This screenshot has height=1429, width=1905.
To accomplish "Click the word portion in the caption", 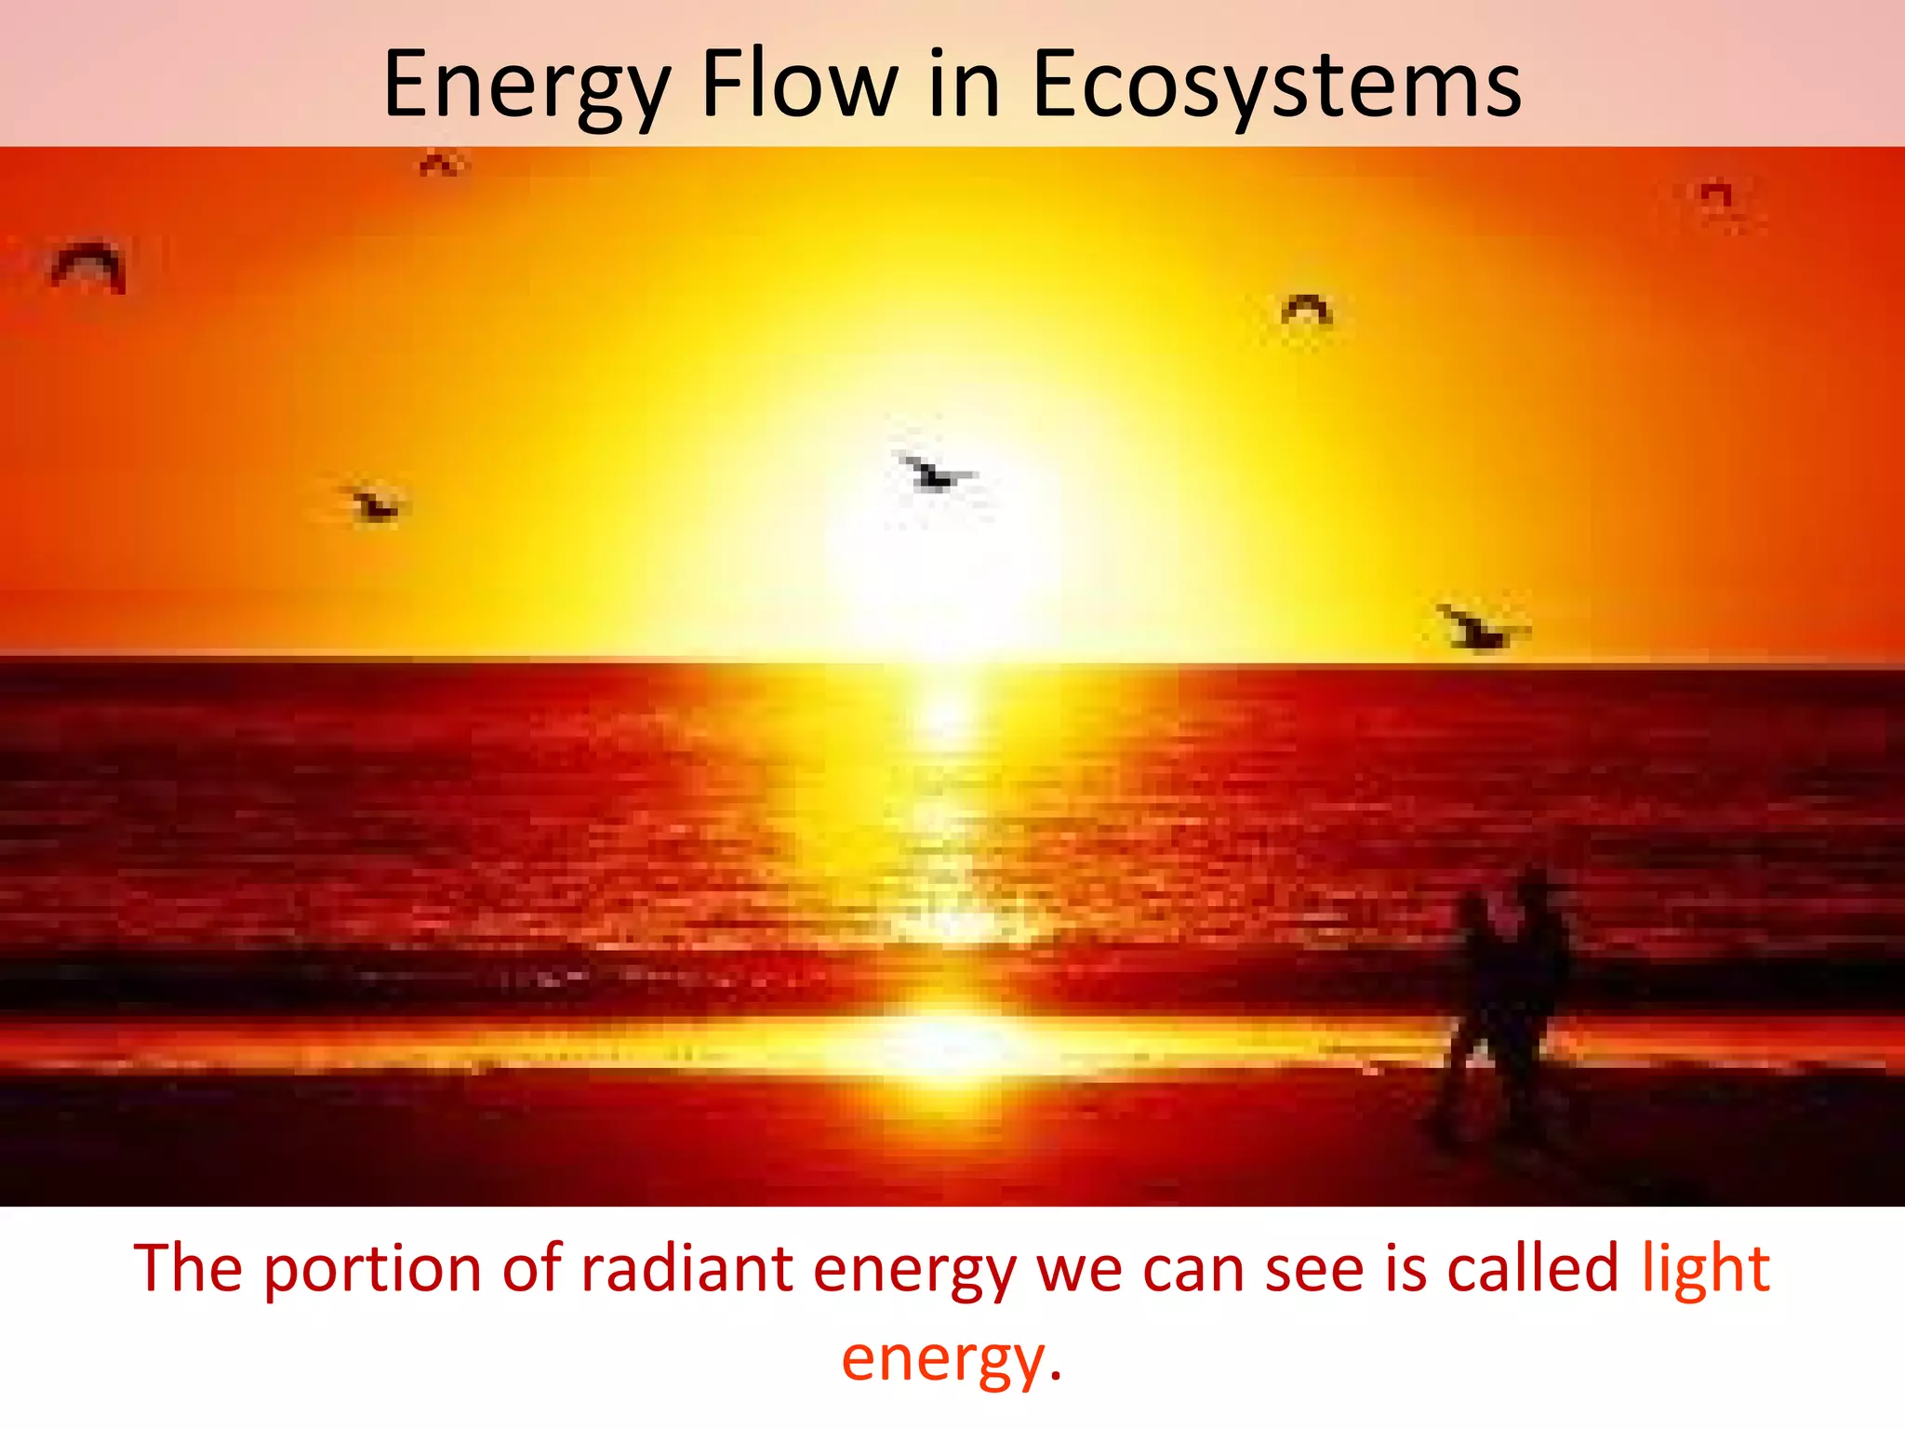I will (x=372, y=1271).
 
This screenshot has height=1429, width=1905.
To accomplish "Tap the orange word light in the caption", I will (x=1704, y=1269).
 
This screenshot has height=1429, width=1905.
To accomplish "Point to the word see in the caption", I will (x=1313, y=1269).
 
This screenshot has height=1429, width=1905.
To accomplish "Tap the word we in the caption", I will (x=1078, y=1269).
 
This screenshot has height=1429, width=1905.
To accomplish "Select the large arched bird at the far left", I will (x=88, y=266).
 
